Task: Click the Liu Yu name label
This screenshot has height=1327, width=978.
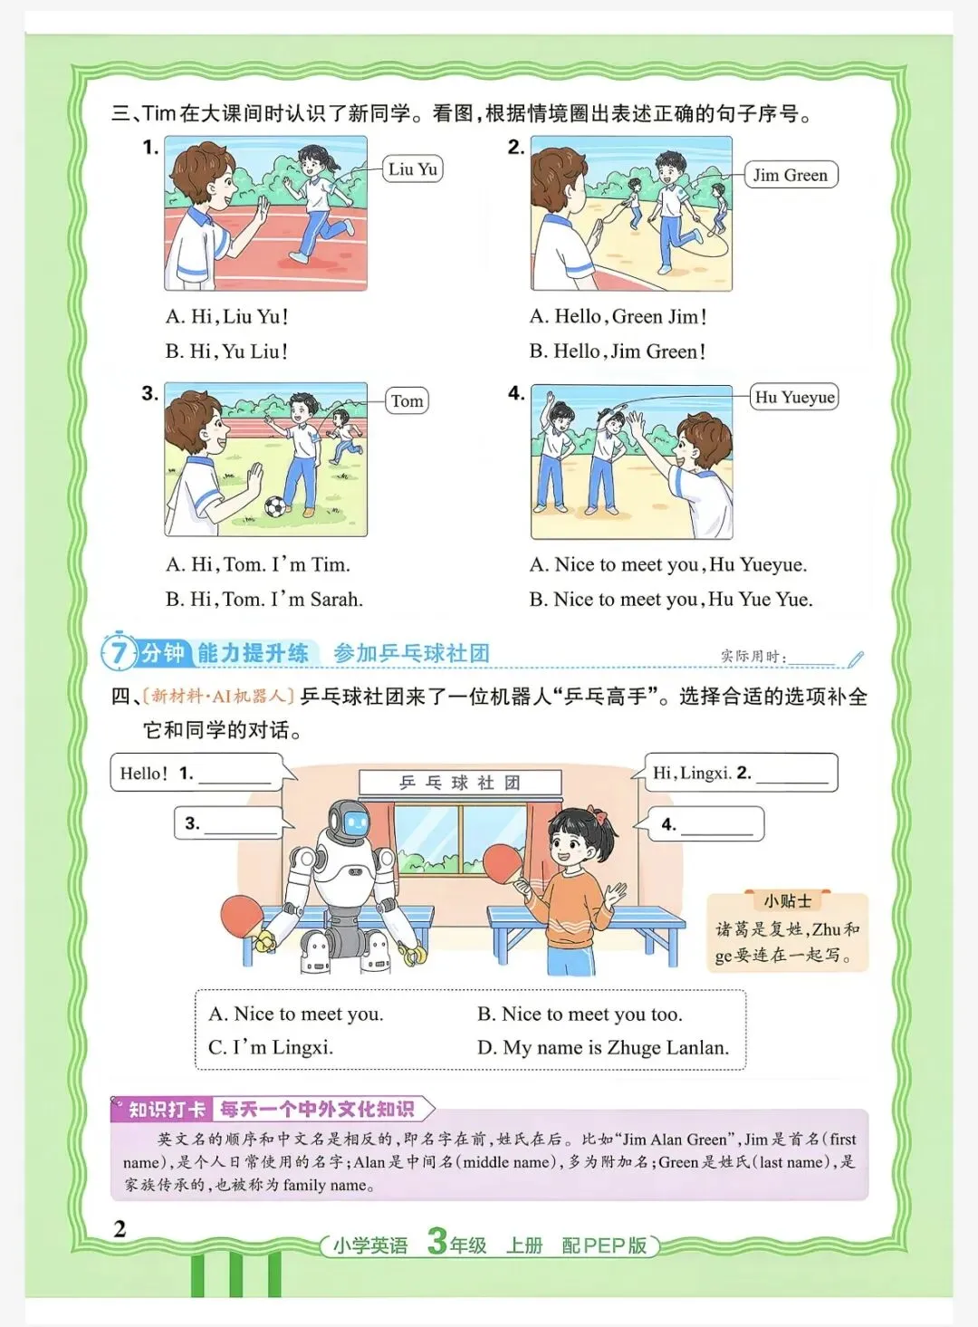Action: [413, 168]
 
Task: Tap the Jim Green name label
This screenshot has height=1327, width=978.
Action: [791, 175]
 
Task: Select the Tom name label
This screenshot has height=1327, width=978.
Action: [407, 401]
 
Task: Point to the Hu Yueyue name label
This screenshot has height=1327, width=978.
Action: [794, 397]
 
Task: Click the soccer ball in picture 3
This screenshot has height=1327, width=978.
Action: [275, 506]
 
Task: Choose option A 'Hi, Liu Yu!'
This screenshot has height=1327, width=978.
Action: [227, 316]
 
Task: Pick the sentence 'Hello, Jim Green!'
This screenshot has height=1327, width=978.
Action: [618, 351]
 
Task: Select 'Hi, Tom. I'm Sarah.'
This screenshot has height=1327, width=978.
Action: [264, 599]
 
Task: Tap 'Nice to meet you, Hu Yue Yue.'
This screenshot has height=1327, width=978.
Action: [671, 599]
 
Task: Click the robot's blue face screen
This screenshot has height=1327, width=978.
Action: [356, 822]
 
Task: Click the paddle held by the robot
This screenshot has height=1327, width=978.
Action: [242, 917]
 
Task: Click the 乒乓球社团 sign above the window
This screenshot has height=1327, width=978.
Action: [460, 783]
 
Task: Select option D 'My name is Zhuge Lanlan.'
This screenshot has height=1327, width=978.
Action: [603, 1047]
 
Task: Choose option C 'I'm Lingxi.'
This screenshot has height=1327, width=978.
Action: [270, 1047]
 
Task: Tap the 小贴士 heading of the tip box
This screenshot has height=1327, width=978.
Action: [787, 901]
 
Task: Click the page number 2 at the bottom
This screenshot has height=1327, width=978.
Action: [120, 1229]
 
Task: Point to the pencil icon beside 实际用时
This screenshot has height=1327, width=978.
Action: [856, 659]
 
